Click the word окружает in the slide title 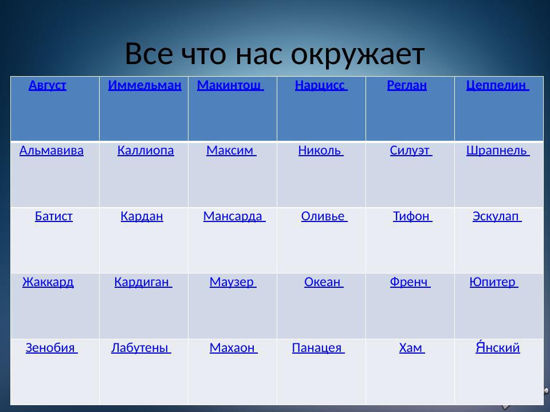click(x=357, y=55)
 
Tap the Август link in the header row click(x=48, y=86)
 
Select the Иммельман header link click(x=144, y=86)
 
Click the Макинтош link click(x=230, y=86)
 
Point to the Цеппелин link click(x=497, y=86)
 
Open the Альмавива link click(x=52, y=151)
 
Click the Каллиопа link click(x=146, y=151)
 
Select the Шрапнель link click(x=497, y=151)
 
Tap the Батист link click(x=54, y=216)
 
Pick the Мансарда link click(x=234, y=216)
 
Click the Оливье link click(x=324, y=216)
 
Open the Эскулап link click(x=496, y=216)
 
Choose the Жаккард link click(x=48, y=282)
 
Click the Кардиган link click(x=143, y=282)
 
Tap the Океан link click(x=323, y=282)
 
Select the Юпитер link click(x=493, y=282)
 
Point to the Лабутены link click(x=140, y=347)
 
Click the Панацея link click(x=317, y=347)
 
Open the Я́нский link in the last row click(x=498, y=347)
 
